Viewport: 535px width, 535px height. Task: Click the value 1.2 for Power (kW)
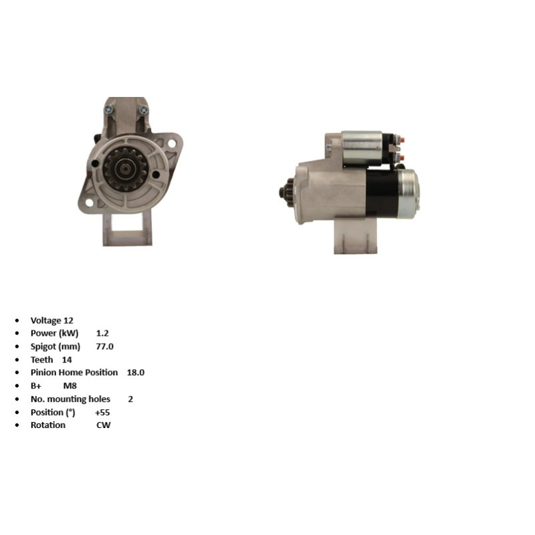click(102, 333)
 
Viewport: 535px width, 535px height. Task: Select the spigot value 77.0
click(105, 346)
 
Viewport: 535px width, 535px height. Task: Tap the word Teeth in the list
click(41, 360)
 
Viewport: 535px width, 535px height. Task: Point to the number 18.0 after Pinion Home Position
click(136, 372)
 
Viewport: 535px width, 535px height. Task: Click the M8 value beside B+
click(70, 386)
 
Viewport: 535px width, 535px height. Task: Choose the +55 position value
click(102, 412)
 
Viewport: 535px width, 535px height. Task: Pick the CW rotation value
click(104, 425)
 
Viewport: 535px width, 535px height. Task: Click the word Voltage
click(45, 320)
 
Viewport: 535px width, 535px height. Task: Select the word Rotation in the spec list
click(47, 425)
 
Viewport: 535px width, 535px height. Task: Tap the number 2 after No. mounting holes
click(130, 399)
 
